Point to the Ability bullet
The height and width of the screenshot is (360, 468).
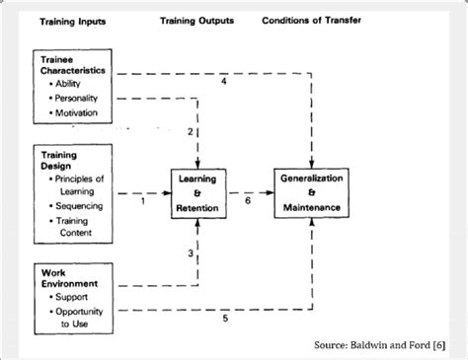pyautogui.click(x=68, y=84)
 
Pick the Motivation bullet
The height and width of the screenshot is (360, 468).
pyautogui.click(x=76, y=113)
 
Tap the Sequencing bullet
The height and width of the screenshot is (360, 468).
pyautogui.click(x=79, y=207)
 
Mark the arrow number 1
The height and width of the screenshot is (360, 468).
pyautogui.click(x=142, y=202)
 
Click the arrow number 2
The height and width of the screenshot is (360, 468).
pyautogui.click(x=191, y=131)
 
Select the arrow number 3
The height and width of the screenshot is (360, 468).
pyautogui.click(x=191, y=253)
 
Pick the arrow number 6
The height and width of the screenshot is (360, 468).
pyautogui.click(x=248, y=201)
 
